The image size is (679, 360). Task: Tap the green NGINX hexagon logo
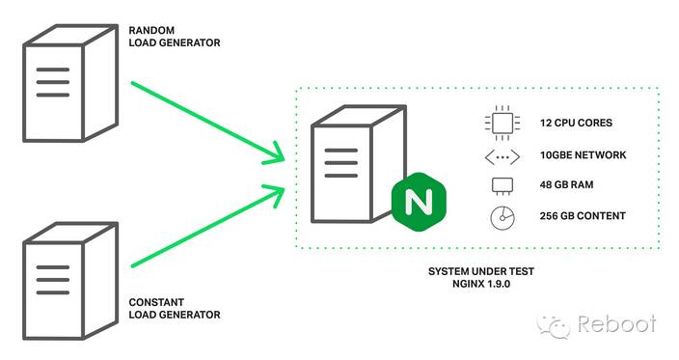pyautogui.click(x=418, y=203)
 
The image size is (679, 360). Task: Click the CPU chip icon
pyautogui.click(x=500, y=124)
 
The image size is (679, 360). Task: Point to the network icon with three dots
pyautogui.click(x=500, y=154)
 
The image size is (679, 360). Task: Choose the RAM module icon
pyautogui.click(x=500, y=185)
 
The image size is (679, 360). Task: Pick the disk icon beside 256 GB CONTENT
pyautogui.click(x=500, y=216)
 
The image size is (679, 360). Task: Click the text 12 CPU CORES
pyautogui.click(x=576, y=124)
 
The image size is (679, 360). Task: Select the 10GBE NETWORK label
pyautogui.click(x=583, y=154)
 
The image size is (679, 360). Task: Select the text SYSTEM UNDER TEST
pyautogui.click(x=480, y=271)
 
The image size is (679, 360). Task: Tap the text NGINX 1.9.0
pyautogui.click(x=480, y=285)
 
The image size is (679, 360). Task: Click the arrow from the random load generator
pyautogui.click(x=207, y=121)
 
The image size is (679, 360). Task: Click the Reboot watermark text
pyautogui.click(x=616, y=324)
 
